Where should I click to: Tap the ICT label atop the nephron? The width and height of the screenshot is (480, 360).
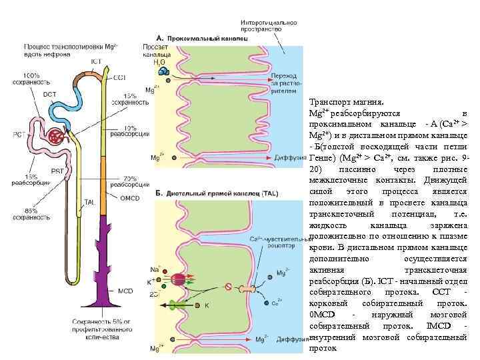(96, 61)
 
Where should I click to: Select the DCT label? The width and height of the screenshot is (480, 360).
(50, 94)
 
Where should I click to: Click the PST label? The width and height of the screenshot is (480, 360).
(57, 171)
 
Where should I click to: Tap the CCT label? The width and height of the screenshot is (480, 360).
(120, 78)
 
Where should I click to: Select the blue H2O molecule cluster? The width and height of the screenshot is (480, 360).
(163, 69)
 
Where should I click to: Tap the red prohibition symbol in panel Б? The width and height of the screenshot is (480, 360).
(227, 287)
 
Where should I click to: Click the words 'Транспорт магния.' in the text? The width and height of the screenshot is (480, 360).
(341, 103)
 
